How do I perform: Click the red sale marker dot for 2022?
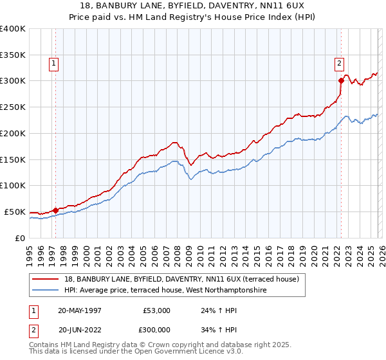coord(341,80)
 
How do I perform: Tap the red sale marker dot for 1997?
coord(55,210)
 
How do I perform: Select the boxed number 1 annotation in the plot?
coord(53,63)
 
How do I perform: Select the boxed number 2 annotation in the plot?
coord(338,63)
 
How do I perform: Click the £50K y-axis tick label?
coord(14,212)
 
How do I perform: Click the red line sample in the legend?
coord(46,279)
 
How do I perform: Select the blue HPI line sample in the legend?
coord(46,291)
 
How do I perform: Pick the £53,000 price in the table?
coord(156,310)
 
